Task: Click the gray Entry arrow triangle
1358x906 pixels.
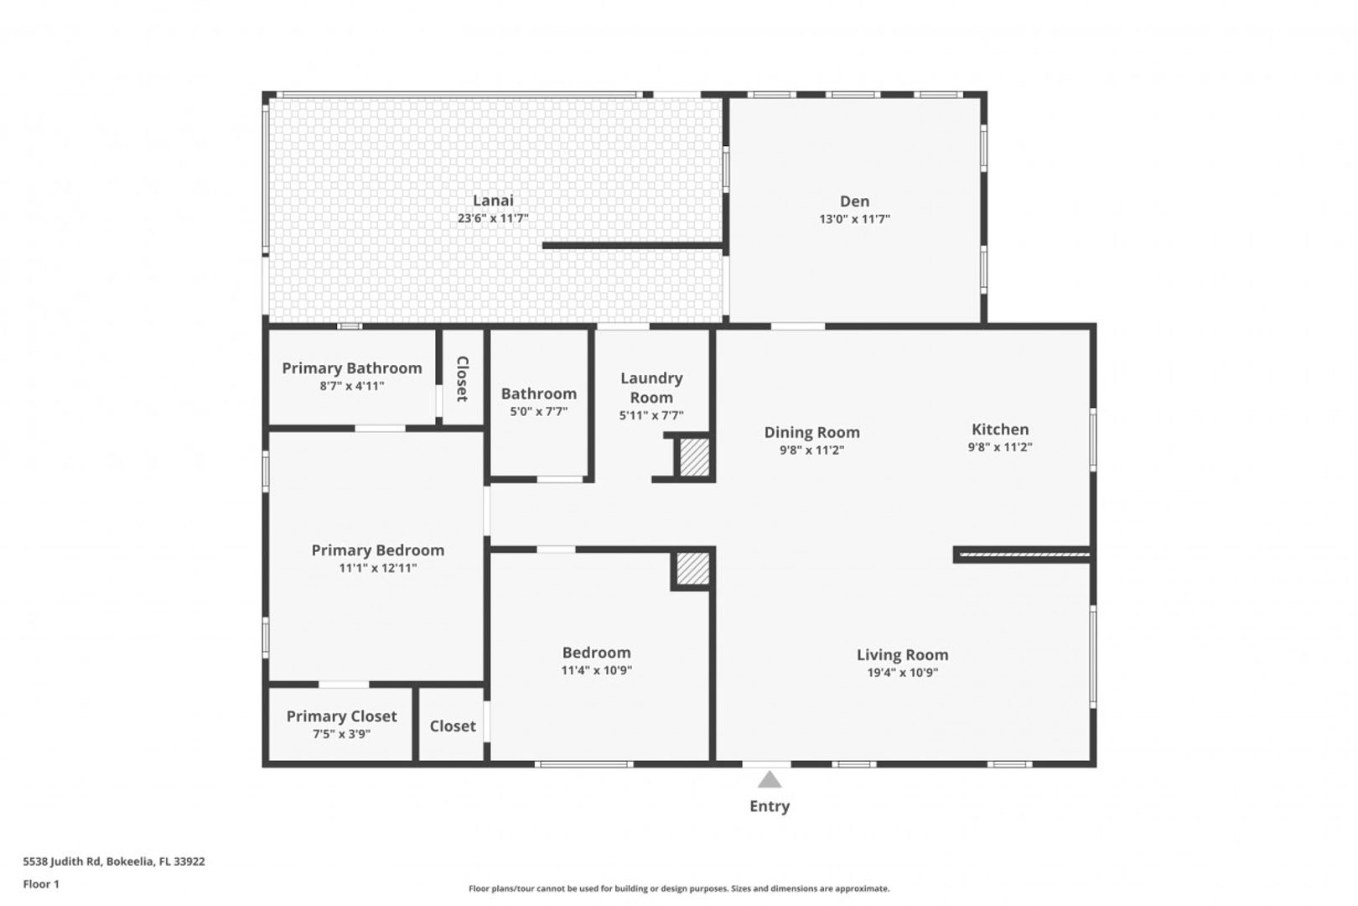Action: [770, 780]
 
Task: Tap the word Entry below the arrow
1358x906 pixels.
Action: [770, 806]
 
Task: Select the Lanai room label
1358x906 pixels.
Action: [493, 200]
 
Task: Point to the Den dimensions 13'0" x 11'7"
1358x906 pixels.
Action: [855, 219]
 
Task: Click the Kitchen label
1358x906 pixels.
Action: [1000, 430]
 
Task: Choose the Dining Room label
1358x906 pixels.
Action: [811, 433]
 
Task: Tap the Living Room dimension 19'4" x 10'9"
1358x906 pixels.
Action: [903, 673]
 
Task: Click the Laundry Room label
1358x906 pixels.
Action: [651, 388]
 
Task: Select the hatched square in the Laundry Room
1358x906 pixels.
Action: [694, 457]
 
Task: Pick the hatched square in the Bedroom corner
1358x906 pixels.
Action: [693, 569]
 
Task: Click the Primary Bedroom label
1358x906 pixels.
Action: [378, 550]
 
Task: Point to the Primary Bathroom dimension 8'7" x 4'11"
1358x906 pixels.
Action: [352, 386]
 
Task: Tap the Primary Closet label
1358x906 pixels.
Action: [342, 716]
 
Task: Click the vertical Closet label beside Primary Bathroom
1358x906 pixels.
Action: [463, 378]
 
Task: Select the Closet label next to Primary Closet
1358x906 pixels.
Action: [453, 726]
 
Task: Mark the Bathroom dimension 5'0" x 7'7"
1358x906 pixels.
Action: [539, 411]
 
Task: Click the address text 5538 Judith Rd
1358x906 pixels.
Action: [61, 861]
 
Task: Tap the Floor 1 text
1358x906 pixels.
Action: [41, 884]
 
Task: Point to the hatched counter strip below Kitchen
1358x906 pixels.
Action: [1024, 554]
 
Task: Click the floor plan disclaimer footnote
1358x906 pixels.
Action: [679, 888]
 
